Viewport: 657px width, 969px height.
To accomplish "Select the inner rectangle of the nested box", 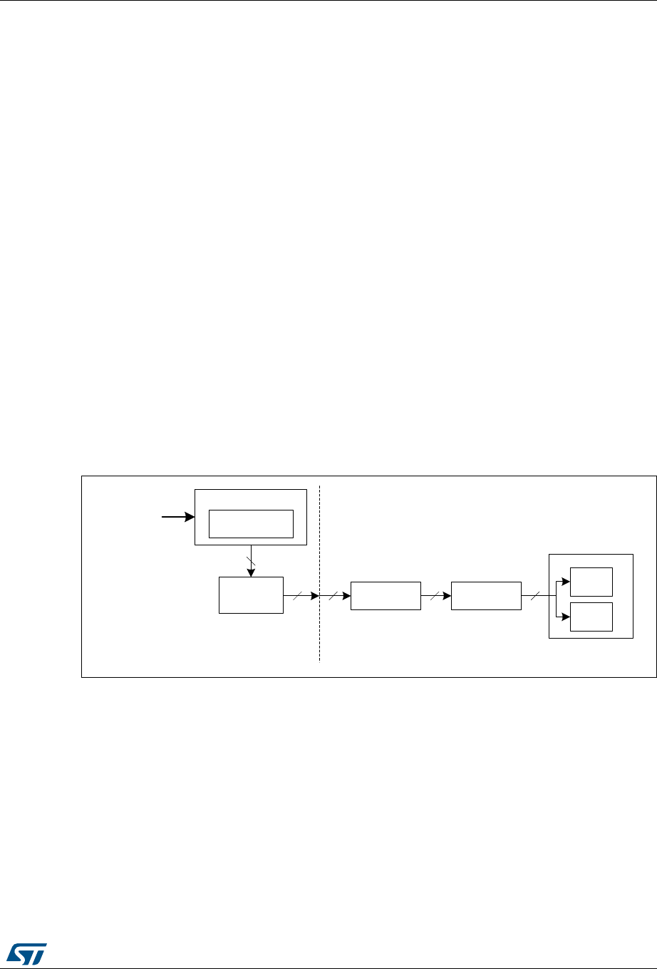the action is coord(251,524).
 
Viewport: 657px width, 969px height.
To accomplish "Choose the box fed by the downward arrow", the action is coord(251,595).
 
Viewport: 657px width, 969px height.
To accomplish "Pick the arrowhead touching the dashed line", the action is coord(316,595).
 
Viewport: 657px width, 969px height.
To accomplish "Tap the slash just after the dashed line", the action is coord(332,595).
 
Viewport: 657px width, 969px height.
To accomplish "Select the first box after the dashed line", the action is coord(386,595).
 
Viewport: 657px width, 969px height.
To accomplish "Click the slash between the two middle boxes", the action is coord(432,595).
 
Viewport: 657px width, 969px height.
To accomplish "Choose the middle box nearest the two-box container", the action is coord(486,595).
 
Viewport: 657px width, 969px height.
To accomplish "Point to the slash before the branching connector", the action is coord(532,595).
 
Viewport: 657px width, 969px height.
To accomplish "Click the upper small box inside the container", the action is coord(591,581).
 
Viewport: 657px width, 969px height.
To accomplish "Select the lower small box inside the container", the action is coord(591,616).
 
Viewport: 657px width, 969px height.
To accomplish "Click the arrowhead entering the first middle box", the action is coord(346,595).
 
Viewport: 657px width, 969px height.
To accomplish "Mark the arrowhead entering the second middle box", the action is coord(447,595).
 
